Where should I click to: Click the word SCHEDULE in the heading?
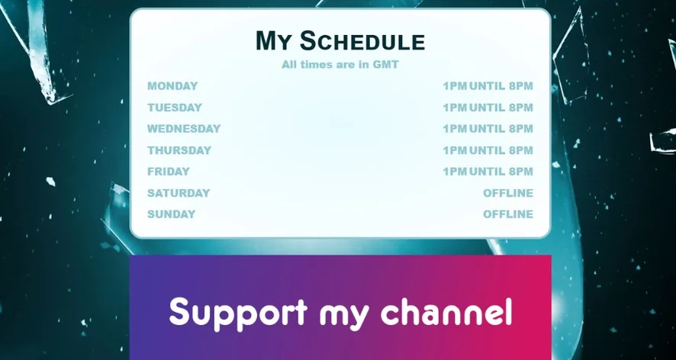point(362,41)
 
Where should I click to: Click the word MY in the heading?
point(274,41)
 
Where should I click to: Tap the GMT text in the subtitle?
point(386,65)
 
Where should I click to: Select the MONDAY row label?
point(172,85)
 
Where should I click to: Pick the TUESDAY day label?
point(175,108)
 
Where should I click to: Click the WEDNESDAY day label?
point(184,128)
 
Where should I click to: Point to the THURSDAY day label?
point(179,150)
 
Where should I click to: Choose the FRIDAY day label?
point(169,171)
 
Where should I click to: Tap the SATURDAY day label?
point(179,193)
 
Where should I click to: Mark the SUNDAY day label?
point(171,214)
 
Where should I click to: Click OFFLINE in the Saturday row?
point(508,193)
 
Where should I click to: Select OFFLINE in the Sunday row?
point(508,214)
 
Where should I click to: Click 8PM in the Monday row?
point(521,85)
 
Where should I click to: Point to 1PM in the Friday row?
point(455,171)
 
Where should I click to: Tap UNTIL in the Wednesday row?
point(487,128)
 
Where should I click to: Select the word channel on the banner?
point(446,311)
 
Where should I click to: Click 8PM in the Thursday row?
point(521,150)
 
